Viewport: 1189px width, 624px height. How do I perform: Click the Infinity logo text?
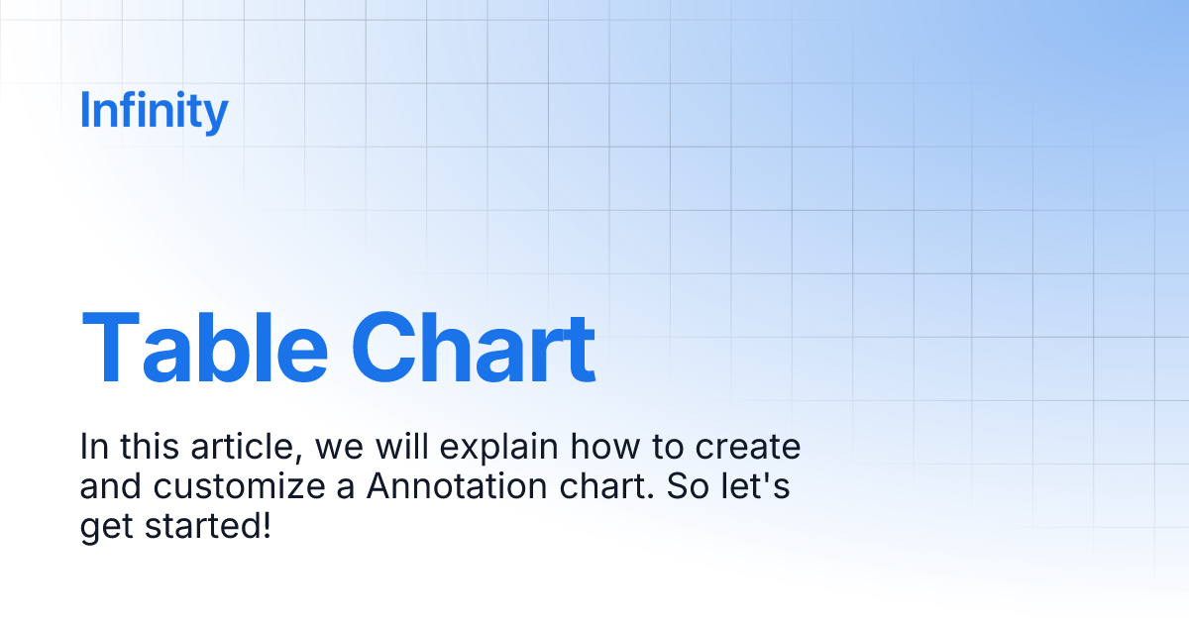click(154, 111)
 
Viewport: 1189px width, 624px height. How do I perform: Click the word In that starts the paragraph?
click(93, 448)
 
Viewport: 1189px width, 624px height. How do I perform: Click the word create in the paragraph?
click(748, 448)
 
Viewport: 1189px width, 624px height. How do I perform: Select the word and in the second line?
click(106, 487)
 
